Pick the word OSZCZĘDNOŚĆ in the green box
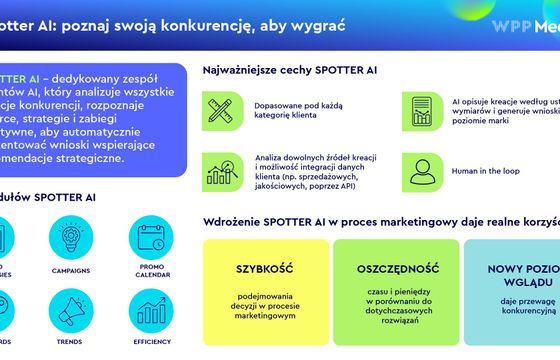coord(393,268)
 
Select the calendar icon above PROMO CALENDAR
coord(153,238)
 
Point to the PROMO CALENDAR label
coord(153,270)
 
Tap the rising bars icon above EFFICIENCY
coord(153,311)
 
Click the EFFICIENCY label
coord(153,341)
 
